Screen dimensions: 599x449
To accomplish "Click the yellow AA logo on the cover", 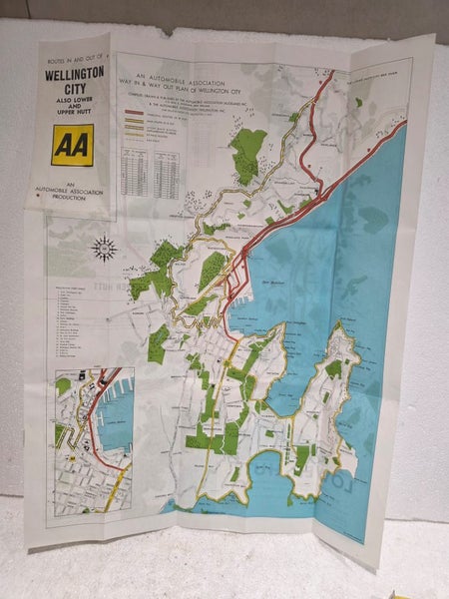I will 73,144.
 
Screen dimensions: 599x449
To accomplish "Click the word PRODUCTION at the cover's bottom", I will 72,200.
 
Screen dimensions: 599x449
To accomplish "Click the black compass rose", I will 104,248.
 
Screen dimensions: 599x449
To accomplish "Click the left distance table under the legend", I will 134,173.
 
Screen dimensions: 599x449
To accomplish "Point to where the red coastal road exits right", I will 401,126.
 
